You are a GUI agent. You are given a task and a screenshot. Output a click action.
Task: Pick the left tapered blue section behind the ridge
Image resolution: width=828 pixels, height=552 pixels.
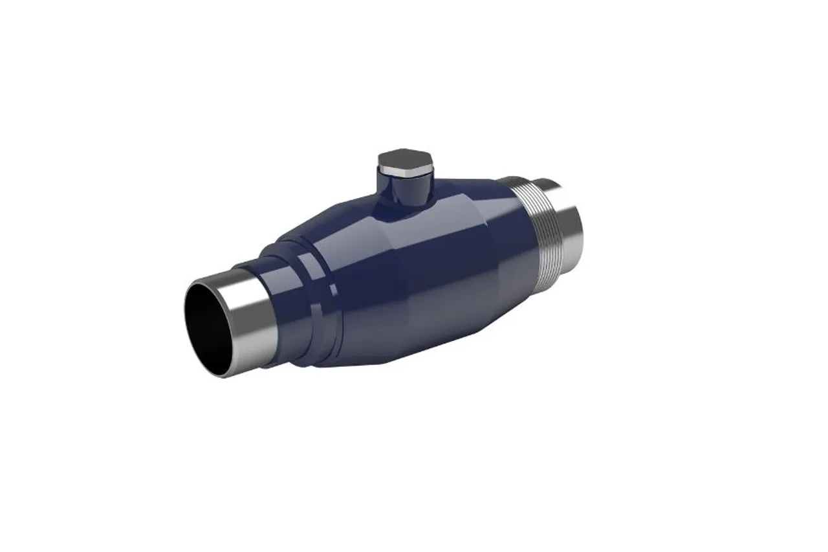tap(343, 285)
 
